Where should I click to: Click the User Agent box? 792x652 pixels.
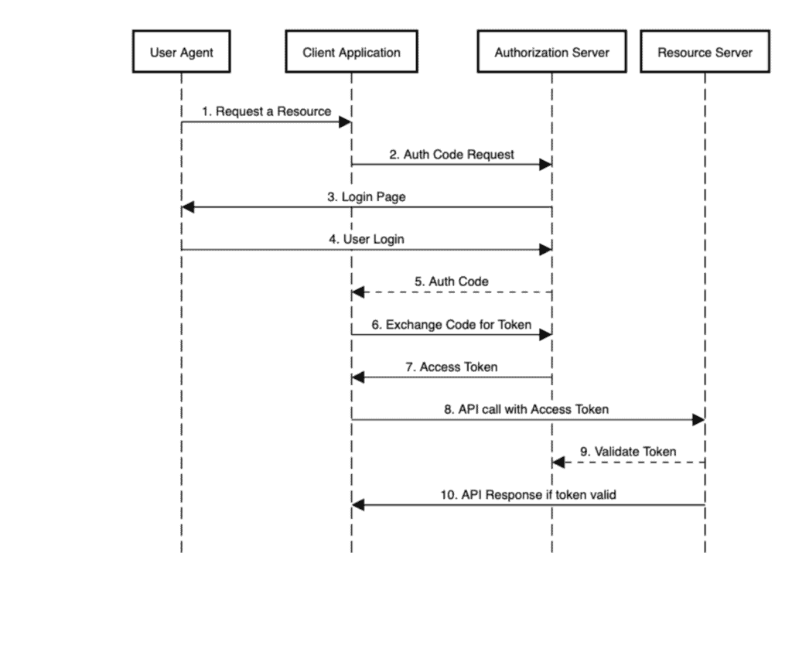[181, 53]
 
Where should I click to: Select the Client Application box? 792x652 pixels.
[351, 53]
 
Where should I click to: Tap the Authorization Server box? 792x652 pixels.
[551, 53]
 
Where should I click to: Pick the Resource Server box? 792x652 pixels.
[705, 53]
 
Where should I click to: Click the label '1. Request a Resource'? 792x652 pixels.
[266, 111]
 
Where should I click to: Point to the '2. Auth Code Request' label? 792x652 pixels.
[451, 154]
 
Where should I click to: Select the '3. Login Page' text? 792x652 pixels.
[366, 196]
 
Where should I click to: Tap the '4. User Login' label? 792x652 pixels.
[366, 239]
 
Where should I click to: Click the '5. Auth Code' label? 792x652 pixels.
[451, 282]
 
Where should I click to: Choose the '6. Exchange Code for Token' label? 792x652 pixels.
[451, 324]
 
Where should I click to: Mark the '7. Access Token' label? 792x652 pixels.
[451, 367]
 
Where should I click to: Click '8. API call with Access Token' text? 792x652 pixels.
[526, 409]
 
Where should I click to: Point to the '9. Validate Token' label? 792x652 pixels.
[627, 452]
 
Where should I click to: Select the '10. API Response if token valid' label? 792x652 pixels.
[527, 494]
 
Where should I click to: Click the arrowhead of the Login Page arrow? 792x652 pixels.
[187, 207]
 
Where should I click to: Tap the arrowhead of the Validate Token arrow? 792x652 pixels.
[558, 463]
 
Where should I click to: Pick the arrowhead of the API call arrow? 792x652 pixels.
[698, 420]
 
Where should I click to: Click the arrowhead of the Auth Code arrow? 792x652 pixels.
[357, 292]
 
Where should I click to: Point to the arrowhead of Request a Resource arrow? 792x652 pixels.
[346, 122]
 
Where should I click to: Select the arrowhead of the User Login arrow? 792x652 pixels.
[545, 250]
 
